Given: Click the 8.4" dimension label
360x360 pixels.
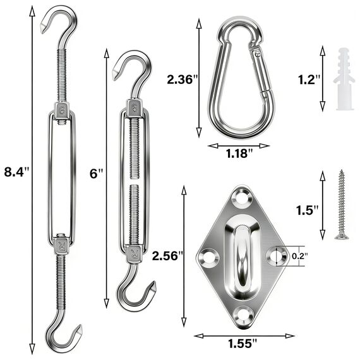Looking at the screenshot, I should (17, 171).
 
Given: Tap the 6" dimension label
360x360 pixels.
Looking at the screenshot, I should (96, 173).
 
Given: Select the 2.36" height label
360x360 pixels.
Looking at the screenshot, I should (183, 80).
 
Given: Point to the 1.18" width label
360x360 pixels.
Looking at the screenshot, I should (239, 152).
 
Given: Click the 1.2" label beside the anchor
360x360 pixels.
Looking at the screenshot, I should (309, 79).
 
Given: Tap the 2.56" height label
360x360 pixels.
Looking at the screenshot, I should (168, 255).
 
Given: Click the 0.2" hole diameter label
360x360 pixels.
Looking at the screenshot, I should (299, 255).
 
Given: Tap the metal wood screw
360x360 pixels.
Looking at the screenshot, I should (341, 205).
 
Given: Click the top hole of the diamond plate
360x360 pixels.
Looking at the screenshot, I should (242, 200).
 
